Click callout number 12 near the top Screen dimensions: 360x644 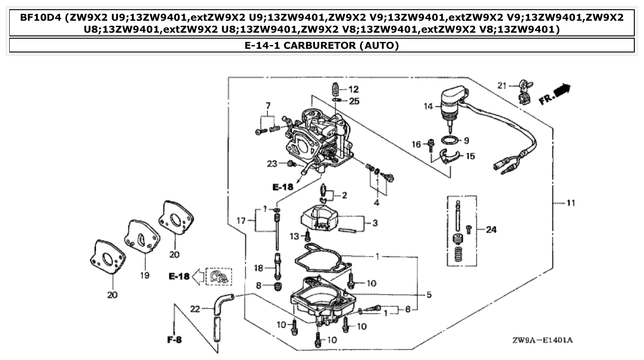(x=353, y=89)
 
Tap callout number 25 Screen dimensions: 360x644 (x=354, y=101)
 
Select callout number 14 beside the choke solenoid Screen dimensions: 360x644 (x=429, y=106)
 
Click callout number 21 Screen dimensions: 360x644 (x=502, y=85)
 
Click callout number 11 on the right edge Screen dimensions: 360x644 (x=570, y=203)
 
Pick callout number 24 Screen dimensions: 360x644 (x=491, y=229)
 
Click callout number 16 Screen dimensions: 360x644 (x=416, y=145)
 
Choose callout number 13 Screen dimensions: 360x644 (x=294, y=236)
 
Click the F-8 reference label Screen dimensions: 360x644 (x=174, y=340)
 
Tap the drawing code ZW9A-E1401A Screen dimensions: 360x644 (x=543, y=341)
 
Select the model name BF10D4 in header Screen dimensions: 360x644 (x=40, y=18)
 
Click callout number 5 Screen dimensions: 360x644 (x=429, y=295)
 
